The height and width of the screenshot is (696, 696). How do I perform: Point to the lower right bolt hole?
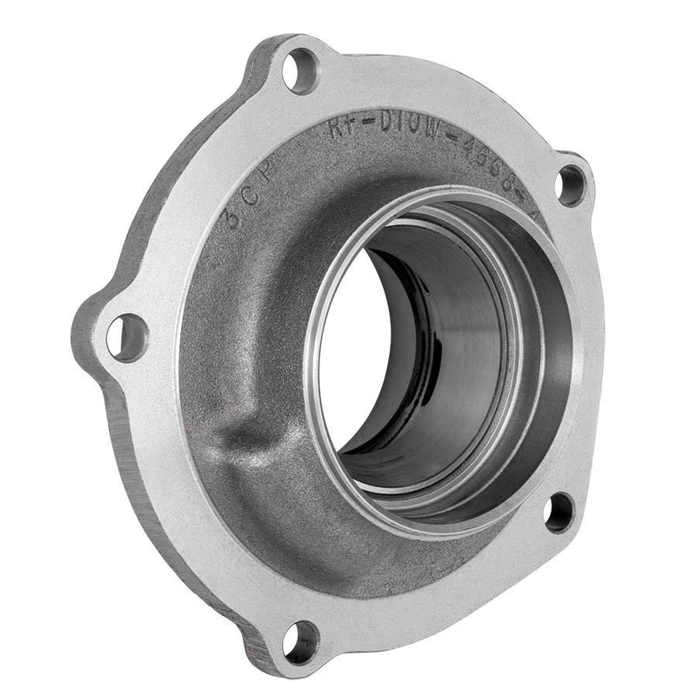click(x=559, y=512)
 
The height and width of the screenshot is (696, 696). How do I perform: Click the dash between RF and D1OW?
click(x=370, y=130)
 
